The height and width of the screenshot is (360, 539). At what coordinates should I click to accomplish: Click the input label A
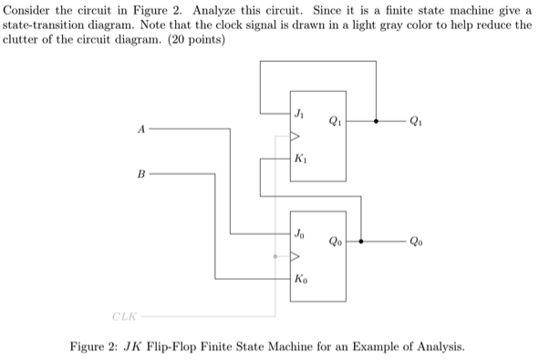click(x=141, y=129)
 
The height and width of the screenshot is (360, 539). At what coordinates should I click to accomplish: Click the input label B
click(x=141, y=170)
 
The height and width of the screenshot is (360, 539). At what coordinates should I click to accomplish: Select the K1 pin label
click(x=300, y=160)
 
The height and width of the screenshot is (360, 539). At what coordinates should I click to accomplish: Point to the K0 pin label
click(x=300, y=279)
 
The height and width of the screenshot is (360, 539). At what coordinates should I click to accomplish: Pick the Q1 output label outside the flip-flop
click(x=417, y=119)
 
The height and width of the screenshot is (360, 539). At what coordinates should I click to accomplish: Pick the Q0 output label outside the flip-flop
click(x=417, y=242)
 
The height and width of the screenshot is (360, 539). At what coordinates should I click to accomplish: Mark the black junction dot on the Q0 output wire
click(x=363, y=242)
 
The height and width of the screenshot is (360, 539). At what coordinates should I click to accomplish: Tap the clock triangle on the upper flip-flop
click(x=294, y=138)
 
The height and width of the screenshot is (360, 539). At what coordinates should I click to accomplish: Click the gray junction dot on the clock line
click(x=275, y=256)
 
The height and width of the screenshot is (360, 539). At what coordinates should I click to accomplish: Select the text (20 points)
click(x=194, y=40)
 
